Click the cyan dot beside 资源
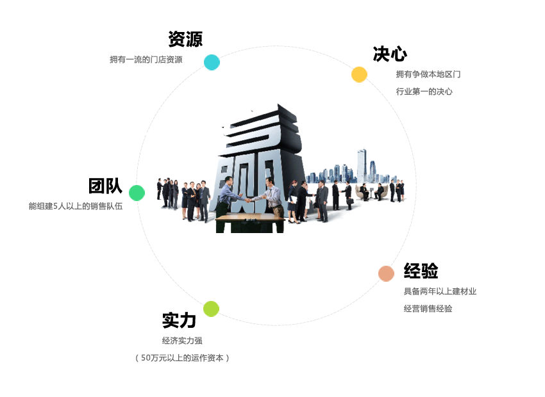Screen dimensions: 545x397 212,63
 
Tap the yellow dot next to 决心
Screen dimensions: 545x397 359,75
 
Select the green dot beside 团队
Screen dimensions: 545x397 137,193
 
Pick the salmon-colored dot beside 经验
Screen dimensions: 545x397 386,273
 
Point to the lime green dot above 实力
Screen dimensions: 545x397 211,309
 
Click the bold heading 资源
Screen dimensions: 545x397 185,39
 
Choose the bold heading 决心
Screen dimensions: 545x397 390,54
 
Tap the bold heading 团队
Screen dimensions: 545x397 105,186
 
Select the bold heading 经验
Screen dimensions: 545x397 421,271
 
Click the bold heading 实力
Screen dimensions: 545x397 179,320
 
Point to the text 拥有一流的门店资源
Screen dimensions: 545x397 146,60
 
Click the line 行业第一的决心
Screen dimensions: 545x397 424,92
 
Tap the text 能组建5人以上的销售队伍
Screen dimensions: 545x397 76,206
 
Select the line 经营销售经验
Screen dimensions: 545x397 428,309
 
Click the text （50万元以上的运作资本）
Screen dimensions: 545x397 182,358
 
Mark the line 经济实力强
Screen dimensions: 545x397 182,341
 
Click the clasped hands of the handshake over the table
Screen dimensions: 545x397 249,200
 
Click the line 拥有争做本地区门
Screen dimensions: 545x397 428,74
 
